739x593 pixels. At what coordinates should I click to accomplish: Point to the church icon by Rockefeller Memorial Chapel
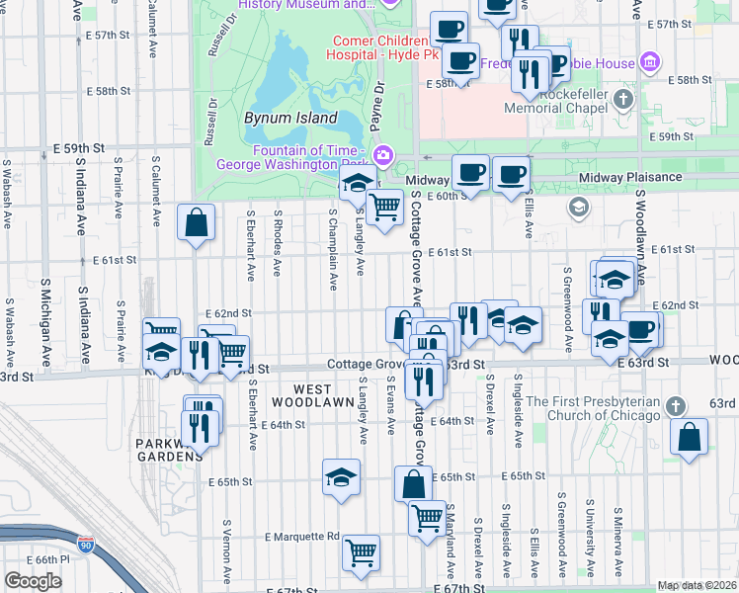(623, 100)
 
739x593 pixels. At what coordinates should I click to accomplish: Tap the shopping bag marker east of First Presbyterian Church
(689, 436)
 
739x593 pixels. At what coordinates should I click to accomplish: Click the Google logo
(33, 581)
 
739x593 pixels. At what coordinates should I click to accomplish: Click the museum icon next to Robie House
(649, 64)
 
